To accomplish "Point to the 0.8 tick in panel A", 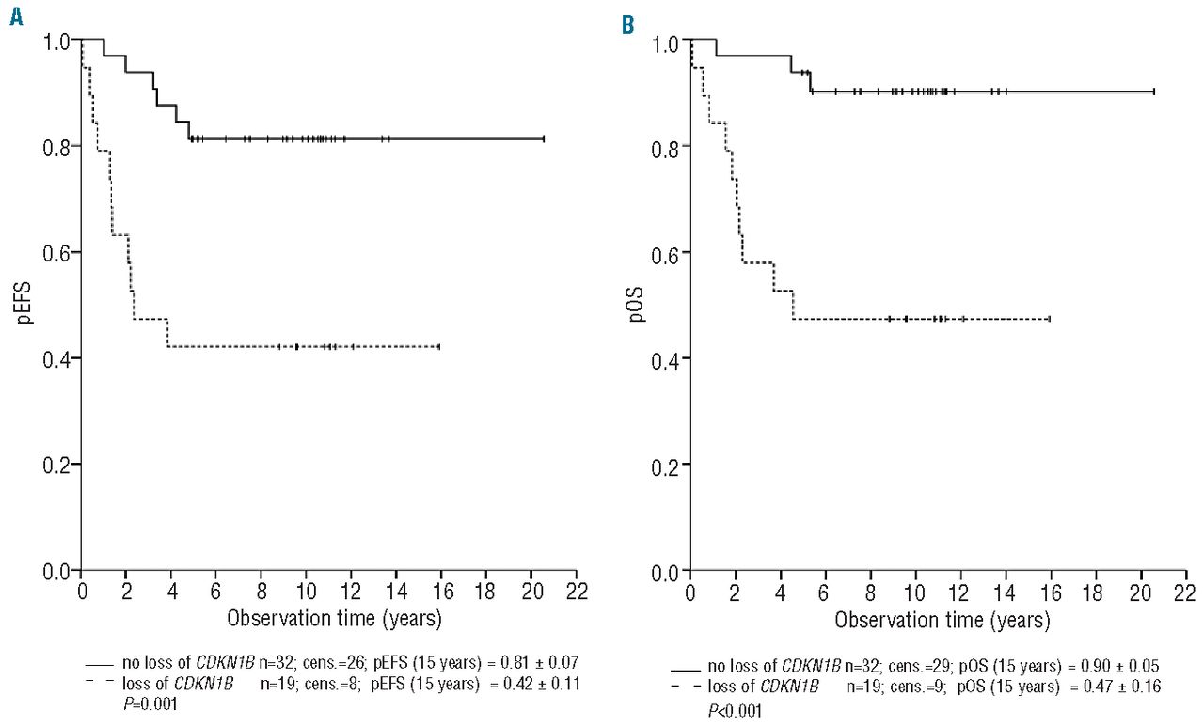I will [57, 147].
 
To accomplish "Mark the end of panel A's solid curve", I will [543, 139].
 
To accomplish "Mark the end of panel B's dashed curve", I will [1049, 320].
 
